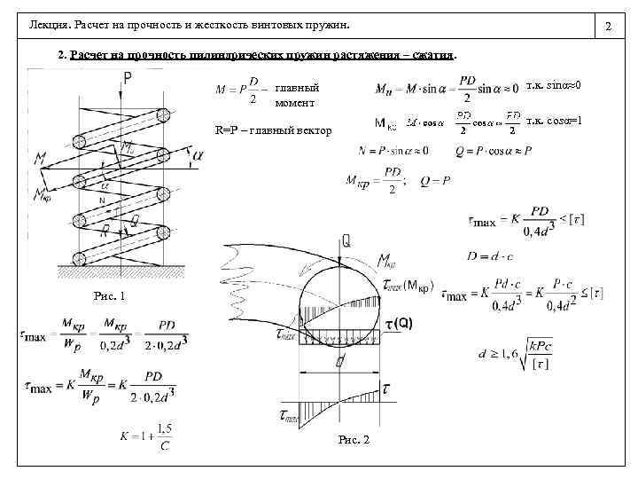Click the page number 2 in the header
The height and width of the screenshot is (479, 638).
pyautogui.click(x=608, y=30)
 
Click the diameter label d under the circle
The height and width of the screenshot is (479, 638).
pyautogui.click(x=339, y=362)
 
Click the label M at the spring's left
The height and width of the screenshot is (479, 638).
pyautogui.click(x=39, y=159)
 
